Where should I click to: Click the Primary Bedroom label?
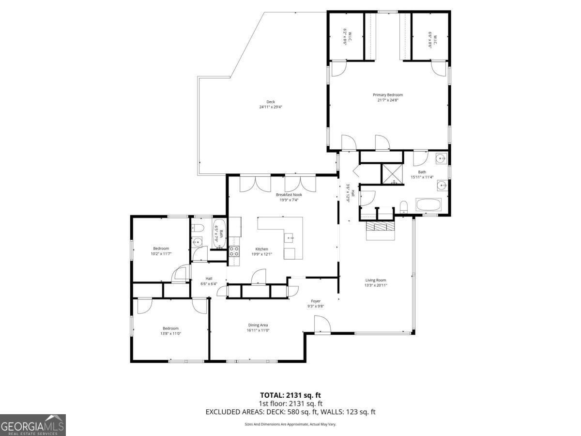coord(387,95)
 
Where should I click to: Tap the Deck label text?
coord(271,102)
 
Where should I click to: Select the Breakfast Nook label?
coord(289,195)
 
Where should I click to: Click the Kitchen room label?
coord(262,249)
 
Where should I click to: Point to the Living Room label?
coord(376,280)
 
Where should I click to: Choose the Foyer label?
coord(316,301)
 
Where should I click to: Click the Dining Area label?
coord(258,325)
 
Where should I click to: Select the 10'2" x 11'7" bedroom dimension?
coord(161,253)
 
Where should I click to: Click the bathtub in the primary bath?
coord(428,205)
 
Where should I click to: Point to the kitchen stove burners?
coord(234,251)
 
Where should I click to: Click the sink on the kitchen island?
coord(290,237)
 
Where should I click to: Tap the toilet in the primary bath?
coord(403,207)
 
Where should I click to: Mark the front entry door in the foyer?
coord(322,326)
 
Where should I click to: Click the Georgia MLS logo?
coord(33,425)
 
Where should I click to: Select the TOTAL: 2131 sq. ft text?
coord(290,395)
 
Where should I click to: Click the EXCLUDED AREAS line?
coord(290,412)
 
